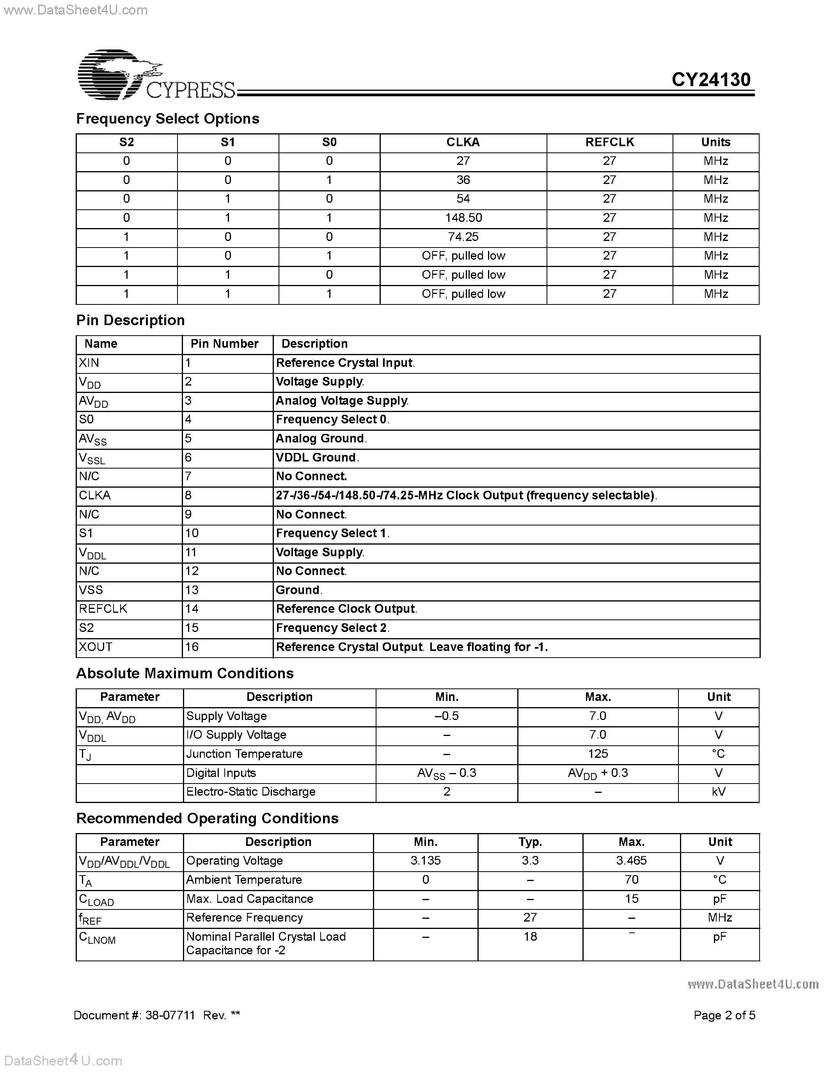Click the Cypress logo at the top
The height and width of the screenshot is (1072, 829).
(156, 75)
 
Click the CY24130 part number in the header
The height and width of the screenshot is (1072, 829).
(711, 80)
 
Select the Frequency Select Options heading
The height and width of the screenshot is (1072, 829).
(167, 119)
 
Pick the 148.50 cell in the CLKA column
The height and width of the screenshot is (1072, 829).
(463, 218)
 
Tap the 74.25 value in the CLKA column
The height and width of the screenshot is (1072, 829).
(463, 237)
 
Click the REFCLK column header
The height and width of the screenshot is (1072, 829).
(609, 142)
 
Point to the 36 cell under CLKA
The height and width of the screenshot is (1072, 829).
(463, 180)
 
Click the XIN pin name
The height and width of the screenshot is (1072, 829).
(89, 363)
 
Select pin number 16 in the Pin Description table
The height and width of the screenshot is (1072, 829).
(192, 647)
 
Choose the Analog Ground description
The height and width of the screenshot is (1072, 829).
(320, 438)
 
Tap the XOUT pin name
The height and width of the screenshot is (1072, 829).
(96, 647)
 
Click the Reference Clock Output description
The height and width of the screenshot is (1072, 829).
(346, 609)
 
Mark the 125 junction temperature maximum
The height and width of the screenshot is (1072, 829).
(598, 754)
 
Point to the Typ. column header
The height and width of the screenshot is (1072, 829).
(531, 842)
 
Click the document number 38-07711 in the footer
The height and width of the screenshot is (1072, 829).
(170, 1015)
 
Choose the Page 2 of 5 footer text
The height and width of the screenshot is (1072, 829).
(724, 1015)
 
